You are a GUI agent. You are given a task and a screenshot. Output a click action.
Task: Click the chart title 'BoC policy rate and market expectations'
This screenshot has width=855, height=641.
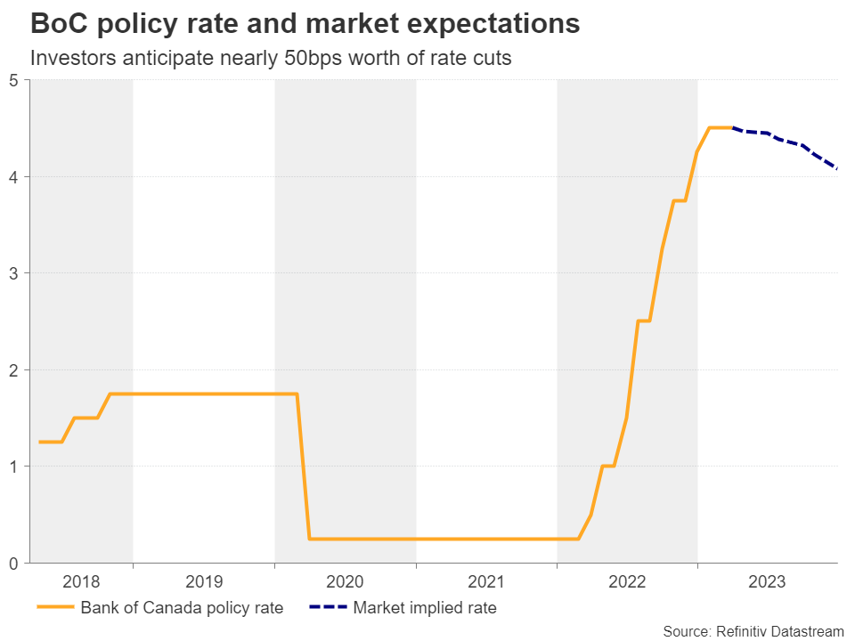coord(305,24)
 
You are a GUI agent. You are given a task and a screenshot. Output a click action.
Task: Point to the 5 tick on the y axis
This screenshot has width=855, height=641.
coord(15,80)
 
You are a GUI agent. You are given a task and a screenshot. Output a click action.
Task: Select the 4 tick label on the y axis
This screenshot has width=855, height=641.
coord(15,177)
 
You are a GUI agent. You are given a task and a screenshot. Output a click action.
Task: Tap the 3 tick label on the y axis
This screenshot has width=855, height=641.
coord(15,273)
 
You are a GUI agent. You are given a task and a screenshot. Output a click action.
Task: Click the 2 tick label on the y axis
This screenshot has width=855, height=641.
coord(15,369)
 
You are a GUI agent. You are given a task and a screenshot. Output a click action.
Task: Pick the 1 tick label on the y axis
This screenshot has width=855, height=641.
coord(15,467)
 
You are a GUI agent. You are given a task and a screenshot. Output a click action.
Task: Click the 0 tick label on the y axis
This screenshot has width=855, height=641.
coord(15,563)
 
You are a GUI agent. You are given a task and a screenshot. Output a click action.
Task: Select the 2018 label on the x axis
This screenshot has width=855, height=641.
coord(81,582)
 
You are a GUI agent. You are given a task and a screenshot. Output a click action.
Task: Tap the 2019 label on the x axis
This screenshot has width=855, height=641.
coord(204,582)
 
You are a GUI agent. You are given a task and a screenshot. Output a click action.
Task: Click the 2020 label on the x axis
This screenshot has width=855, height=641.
coord(346,582)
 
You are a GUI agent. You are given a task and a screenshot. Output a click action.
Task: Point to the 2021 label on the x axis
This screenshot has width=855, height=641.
coord(486,582)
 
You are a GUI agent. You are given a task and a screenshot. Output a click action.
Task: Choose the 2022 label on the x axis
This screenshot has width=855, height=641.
coord(627,582)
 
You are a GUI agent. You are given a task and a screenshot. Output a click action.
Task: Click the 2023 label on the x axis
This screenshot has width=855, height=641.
coord(768,582)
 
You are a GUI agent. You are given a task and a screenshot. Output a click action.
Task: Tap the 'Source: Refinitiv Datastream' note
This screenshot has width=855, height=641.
coord(753,630)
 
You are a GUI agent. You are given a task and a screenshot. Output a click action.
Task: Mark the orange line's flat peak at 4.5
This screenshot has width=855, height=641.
coord(720,127)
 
